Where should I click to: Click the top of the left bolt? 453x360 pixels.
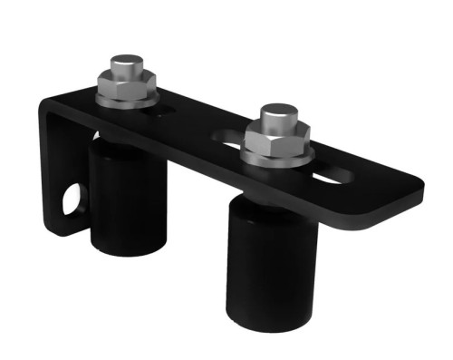click(126, 64)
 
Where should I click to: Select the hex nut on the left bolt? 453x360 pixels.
click(127, 86)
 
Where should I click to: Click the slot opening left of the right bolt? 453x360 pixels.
click(228, 141)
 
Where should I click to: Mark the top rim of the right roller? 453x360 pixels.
click(245, 204)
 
